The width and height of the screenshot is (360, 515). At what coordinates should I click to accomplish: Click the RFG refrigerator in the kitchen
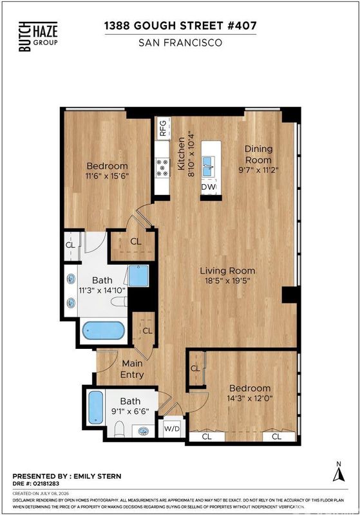click(x=163, y=127)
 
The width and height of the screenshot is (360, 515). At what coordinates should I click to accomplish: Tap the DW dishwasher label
click(x=209, y=187)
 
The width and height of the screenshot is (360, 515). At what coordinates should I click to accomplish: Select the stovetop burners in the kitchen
click(x=162, y=167)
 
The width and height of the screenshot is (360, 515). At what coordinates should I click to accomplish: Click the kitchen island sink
click(x=208, y=166)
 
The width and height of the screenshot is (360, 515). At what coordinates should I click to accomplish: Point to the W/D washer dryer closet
click(x=172, y=428)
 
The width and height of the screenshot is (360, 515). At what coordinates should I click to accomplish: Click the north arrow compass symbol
click(x=339, y=473)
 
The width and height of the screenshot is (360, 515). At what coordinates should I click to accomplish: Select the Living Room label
click(x=227, y=270)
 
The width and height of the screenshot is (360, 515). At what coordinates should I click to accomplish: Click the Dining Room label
click(x=258, y=154)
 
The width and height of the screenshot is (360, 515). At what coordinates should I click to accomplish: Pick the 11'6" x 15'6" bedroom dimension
click(x=107, y=176)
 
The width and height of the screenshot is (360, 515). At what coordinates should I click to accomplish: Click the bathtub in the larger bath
click(x=103, y=330)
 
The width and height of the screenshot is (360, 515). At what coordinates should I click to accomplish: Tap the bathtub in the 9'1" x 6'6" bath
click(x=96, y=407)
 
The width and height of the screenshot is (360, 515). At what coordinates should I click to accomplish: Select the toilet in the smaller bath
click(x=120, y=429)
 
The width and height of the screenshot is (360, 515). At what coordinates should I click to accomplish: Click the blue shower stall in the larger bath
click(x=138, y=276)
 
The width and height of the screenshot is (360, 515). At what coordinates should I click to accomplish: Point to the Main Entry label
click(x=132, y=369)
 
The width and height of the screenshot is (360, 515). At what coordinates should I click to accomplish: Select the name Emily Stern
click(x=97, y=476)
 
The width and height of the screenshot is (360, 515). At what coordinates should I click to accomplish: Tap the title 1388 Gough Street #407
click(x=180, y=25)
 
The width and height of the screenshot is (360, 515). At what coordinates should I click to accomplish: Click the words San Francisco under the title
click(x=180, y=42)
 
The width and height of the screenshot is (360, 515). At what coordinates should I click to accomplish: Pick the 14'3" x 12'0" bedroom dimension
click(x=250, y=398)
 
